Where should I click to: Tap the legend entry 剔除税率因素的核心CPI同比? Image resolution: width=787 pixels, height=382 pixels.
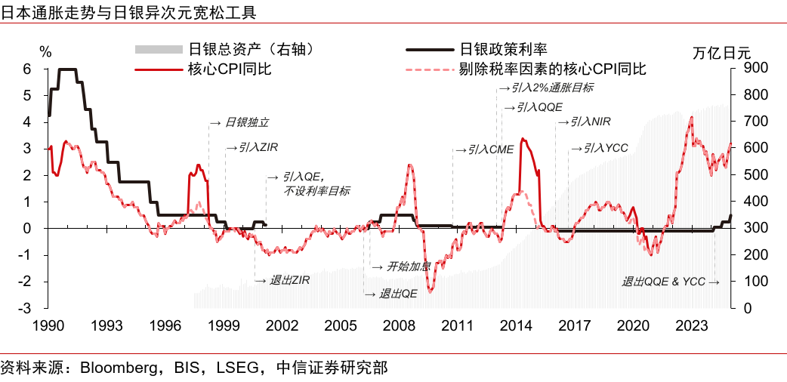pyautogui.click(x=552, y=69)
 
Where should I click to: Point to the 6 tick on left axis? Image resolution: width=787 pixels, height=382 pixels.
pyautogui.click(x=26, y=69)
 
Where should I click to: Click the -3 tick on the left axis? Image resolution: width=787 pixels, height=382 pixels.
pyautogui.click(x=24, y=308)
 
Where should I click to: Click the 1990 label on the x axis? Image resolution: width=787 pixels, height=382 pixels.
pyautogui.click(x=48, y=325)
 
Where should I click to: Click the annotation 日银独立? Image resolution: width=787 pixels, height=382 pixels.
pyautogui.click(x=240, y=122)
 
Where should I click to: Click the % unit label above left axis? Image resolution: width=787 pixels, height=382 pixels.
pyautogui.click(x=45, y=53)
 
